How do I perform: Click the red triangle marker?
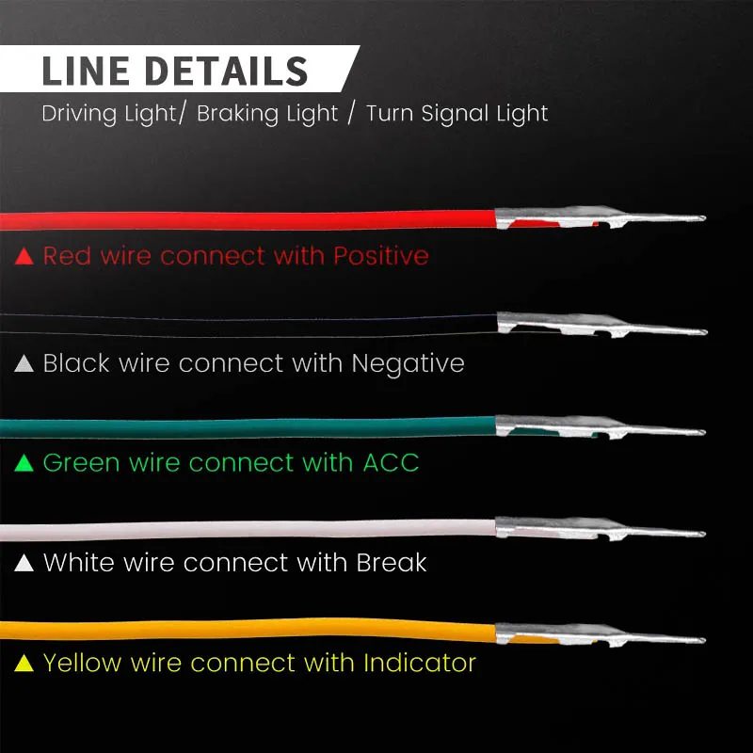[x=25, y=255]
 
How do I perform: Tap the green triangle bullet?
[x=25, y=463]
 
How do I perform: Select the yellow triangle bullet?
[x=25, y=664]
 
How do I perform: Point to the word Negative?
[x=408, y=363]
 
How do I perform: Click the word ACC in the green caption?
[x=391, y=463]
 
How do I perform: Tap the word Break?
[x=392, y=563]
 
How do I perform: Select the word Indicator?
[x=420, y=663]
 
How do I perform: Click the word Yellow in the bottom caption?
[x=83, y=663]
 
